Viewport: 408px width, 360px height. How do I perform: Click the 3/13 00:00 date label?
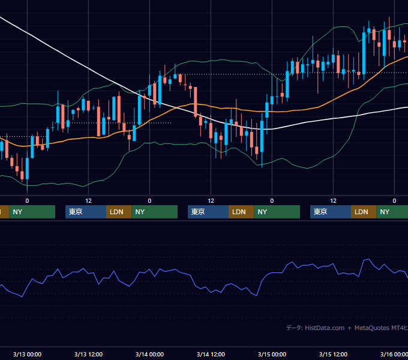pos(27,354)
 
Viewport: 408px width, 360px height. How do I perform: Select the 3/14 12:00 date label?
pos(211,354)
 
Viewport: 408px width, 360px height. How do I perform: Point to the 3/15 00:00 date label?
pos(272,354)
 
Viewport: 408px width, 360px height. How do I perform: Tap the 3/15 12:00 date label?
pos(333,354)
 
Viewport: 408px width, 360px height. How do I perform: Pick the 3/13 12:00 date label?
pos(88,354)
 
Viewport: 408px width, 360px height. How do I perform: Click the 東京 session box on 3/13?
pos(86,212)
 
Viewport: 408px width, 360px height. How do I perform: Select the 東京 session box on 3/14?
pos(208,212)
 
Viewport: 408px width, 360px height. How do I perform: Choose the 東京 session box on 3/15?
pos(331,212)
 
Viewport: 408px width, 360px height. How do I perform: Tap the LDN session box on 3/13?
pos(119,212)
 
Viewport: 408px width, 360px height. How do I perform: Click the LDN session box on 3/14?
pos(241,212)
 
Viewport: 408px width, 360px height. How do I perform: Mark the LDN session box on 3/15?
pos(364,212)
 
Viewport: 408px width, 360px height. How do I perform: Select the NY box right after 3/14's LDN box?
pos(277,212)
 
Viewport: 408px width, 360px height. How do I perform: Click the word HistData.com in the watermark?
pos(325,328)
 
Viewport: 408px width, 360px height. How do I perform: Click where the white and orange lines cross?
pos(178,107)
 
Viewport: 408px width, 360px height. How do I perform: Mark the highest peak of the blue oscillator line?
pos(369,259)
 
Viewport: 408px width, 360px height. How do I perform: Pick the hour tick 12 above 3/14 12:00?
pos(211,201)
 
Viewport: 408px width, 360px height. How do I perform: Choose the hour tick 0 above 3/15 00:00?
pos(272,201)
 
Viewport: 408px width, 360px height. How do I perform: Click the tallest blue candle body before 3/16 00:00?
pos(364,53)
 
